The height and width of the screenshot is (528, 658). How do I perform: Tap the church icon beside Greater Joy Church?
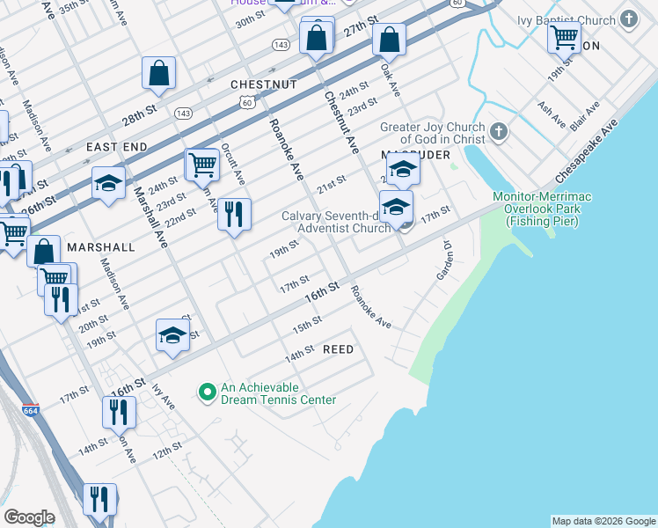pyautogui.click(x=499, y=133)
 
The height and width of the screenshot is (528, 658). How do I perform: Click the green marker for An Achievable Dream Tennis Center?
pyautogui.click(x=207, y=392)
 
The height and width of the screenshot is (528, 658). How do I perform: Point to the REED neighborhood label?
pyautogui.click(x=338, y=349)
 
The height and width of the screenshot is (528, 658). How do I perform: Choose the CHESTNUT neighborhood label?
pyautogui.click(x=263, y=84)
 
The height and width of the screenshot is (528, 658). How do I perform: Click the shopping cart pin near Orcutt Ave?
pyautogui.click(x=202, y=163)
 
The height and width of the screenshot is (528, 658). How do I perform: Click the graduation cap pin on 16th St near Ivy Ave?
pyautogui.click(x=172, y=334)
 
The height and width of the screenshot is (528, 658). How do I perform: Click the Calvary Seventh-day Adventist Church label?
pyautogui.click(x=336, y=222)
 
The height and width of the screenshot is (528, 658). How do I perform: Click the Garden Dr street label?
pyautogui.click(x=447, y=261)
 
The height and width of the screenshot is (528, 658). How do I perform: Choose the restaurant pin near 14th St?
pyautogui.click(x=118, y=411)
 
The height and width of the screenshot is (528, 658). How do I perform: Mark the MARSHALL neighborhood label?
pyautogui.click(x=101, y=247)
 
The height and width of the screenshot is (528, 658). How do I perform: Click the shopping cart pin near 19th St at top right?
pyautogui.click(x=564, y=37)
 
